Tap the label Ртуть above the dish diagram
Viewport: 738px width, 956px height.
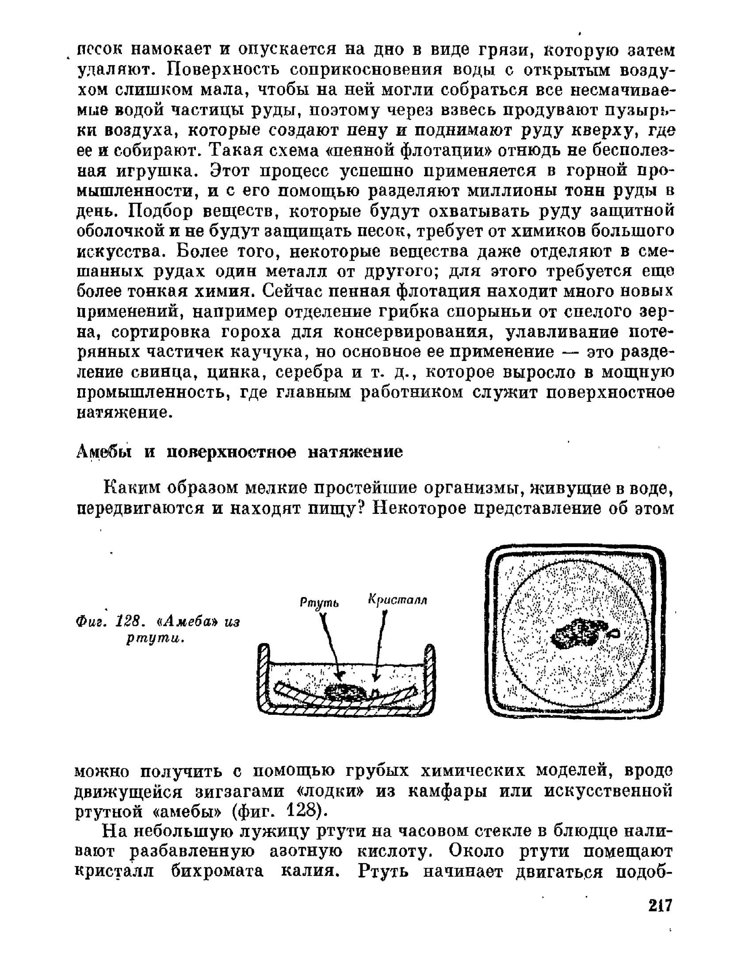tap(319, 602)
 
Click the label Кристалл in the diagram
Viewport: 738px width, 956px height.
tap(398, 600)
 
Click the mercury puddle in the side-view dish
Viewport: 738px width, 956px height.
tap(344, 691)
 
